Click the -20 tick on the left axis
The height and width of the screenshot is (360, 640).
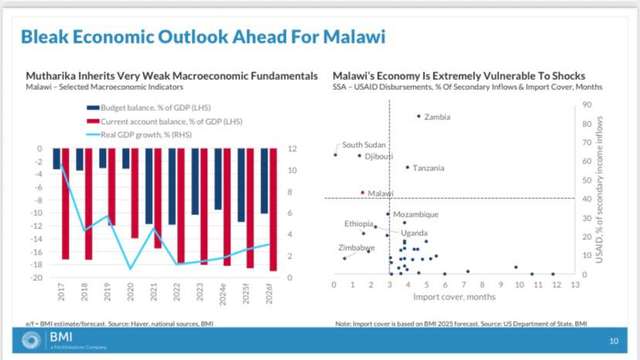click(32, 278)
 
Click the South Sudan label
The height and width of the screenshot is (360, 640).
click(364, 145)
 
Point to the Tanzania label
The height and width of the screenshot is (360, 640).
click(428, 168)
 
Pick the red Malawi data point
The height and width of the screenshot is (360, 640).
click(362, 192)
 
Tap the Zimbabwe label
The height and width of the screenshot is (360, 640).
click(357, 247)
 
